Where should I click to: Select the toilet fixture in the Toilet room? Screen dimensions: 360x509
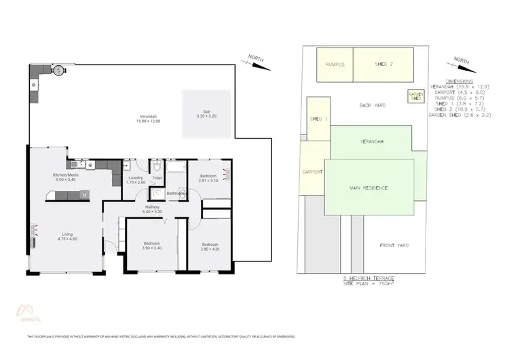tap(157, 166)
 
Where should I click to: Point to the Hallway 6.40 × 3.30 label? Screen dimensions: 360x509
tap(152, 209)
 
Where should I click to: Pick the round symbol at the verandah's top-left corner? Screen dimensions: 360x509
tap(59, 70)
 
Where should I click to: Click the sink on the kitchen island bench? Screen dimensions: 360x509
tap(85, 196)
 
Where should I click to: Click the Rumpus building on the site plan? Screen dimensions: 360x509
tap(335, 65)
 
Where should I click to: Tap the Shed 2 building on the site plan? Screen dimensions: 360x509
tap(384, 65)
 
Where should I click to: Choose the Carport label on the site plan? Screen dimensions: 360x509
tap(312, 171)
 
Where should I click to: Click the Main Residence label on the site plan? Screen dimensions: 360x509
tap(369, 186)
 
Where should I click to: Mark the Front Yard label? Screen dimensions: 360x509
tap(395, 245)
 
